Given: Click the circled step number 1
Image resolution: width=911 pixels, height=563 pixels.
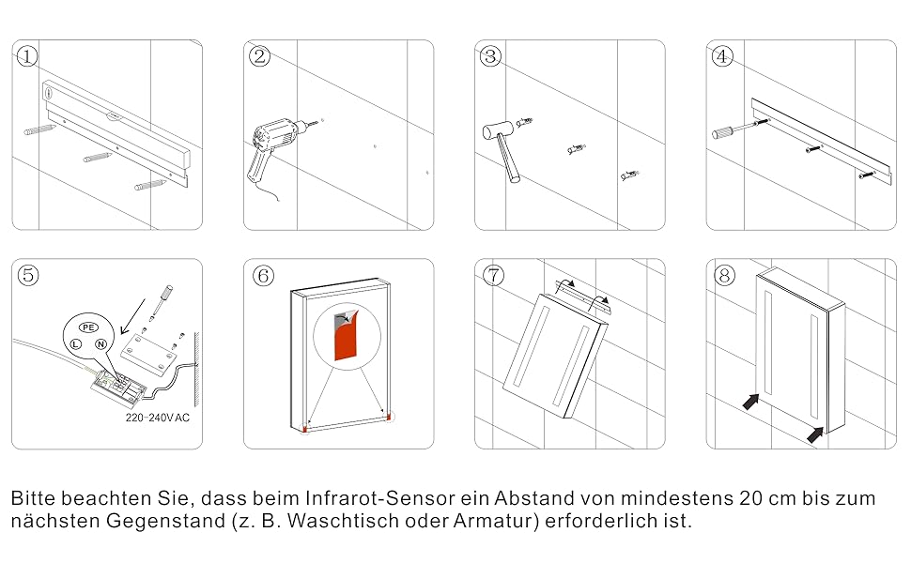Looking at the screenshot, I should pyautogui.click(x=27, y=56).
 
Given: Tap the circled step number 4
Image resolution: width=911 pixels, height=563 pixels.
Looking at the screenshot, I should pyautogui.click(x=721, y=56).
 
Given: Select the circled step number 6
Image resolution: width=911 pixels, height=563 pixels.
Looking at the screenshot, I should pyautogui.click(x=263, y=275).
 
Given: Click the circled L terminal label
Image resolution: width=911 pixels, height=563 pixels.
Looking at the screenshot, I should pyautogui.click(x=73, y=344).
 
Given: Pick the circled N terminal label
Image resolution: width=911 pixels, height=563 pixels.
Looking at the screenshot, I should pyautogui.click(x=100, y=345).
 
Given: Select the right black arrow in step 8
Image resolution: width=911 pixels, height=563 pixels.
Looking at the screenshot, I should pyautogui.click(x=816, y=433).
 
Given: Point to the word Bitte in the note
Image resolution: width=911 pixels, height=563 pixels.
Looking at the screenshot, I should pyautogui.click(x=33, y=498).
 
